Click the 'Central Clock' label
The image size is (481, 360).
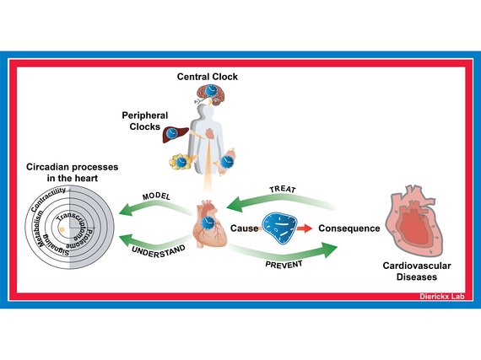208,77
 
